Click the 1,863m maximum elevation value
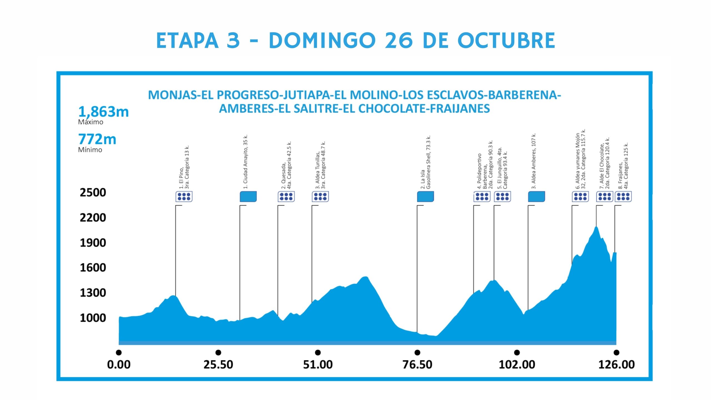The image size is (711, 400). click(103, 112)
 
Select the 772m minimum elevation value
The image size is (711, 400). click(97, 139)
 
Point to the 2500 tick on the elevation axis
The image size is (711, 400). click(93, 192)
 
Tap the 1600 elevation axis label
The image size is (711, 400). click(93, 267)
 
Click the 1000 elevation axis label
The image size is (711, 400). click(93, 318)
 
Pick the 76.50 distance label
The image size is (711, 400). click(417, 364)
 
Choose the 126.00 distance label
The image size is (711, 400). click(616, 364)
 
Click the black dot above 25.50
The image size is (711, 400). click(218, 352)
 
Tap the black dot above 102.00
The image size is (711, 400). click(517, 352)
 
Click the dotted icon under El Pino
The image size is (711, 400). click(184, 197)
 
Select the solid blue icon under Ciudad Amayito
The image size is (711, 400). click(248, 197)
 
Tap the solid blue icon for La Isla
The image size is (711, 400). click(425, 197)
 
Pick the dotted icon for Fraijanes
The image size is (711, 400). click(623, 197)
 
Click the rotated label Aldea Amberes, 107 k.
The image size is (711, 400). click(534, 161)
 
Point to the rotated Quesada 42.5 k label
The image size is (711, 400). click(286, 166)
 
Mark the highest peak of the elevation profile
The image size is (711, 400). click(596, 227)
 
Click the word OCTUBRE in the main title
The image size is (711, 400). click(506, 41)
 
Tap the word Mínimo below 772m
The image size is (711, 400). click(90, 150)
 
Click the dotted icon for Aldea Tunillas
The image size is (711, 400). click(320, 197)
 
